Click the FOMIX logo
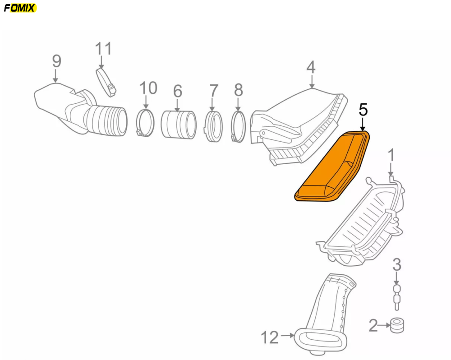click(x=20, y=8)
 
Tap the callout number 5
click(x=363, y=110)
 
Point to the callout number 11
click(x=103, y=49)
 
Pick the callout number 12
click(x=270, y=337)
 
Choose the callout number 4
click(x=311, y=67)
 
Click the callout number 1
click(x=391, y=156)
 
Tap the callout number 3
click(x=397, y=264)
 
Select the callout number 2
click(x=373, y=325)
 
